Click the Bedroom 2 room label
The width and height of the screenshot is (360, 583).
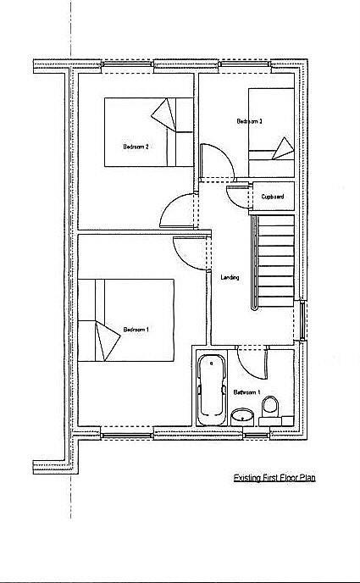click(x=136, y=147)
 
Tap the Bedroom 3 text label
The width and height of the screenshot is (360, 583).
click(x=249, y=121)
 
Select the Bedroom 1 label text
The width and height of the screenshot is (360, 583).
click(x=136, y=329)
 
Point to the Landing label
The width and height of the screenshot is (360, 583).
click(x=229, y=278)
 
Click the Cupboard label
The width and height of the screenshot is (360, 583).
click(x=272, y=197)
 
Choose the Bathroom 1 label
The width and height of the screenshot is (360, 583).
click(x=247, y=391)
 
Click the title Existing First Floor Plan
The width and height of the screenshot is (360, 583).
click(x=274, y=479)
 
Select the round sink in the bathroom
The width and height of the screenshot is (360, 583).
click(x=242, y=415)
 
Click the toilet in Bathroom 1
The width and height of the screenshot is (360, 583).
click(x=271, y=412)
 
